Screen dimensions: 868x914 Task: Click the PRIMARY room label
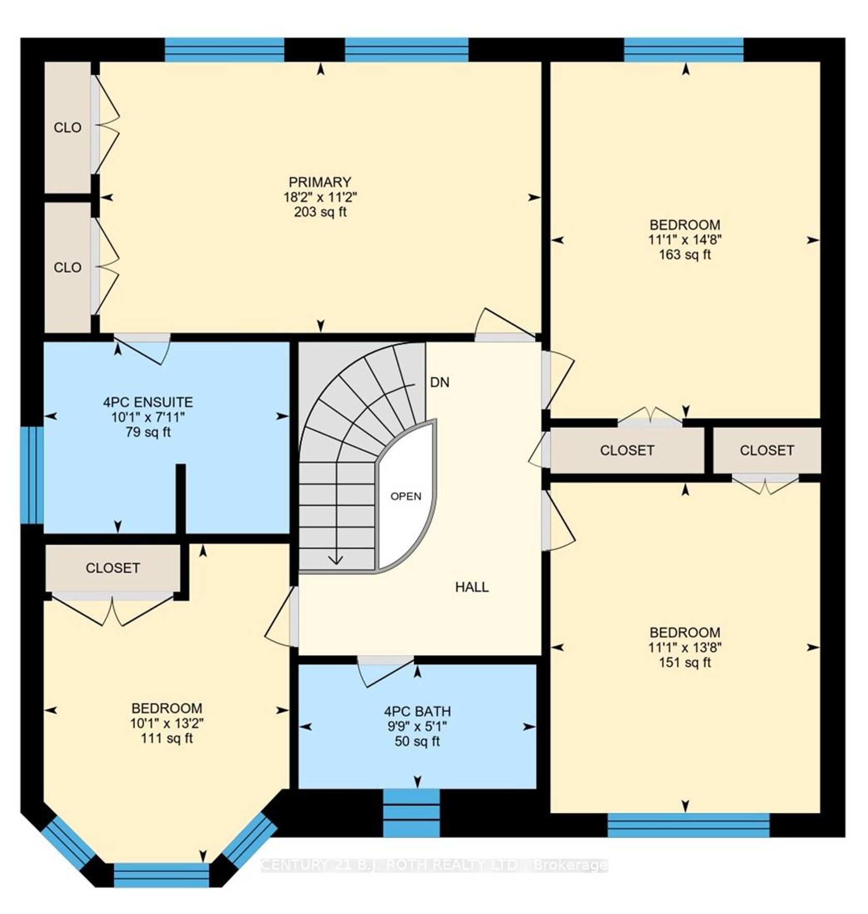(x=320, y=182)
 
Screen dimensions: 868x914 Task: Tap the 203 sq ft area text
(x=320, y=212)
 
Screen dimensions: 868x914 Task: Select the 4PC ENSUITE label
(x=148, y=402)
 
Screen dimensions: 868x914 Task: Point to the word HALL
(x=472, y=587)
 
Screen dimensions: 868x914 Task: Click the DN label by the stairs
(x=440, y=383)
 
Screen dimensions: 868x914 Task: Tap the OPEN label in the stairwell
(x=406, y=497)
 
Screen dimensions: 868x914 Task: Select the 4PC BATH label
(x=417, y=712)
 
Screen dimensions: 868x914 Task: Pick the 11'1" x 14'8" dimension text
(x=685, y=240)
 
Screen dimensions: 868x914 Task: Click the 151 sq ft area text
(x=685, y=663)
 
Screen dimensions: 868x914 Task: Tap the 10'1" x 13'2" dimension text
(x=166, y=723)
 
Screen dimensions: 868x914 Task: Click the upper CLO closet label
(x=68, y=128)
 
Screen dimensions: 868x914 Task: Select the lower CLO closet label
(x=68, y=267)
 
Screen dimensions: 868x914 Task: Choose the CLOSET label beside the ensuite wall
(x=113, y=569)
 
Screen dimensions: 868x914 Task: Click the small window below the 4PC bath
(x=411, y=813)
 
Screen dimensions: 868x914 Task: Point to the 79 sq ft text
(x=148, y=432)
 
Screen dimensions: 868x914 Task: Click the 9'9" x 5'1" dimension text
(x=417, y=727)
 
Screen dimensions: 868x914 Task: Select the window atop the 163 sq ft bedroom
(x=684, y=50)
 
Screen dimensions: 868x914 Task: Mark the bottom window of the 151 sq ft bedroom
(x=688, y=825)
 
